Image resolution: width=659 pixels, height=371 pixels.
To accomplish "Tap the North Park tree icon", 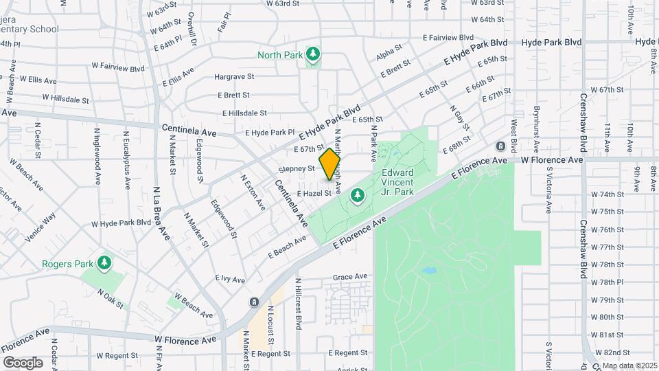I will click(x=313, y=54).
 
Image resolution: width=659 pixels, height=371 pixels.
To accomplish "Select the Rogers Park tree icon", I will click(x=104, y=263).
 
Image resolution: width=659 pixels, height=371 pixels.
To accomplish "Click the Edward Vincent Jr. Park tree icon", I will click(x=357, y=196).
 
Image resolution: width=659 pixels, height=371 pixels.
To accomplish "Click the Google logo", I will click(x=23, y=362).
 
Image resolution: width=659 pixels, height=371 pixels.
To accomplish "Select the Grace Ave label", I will click(x=350, y=277).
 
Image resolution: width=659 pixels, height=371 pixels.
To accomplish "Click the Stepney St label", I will click(x=297, y=168).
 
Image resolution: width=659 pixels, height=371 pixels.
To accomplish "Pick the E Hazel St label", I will click(x=314, y=194).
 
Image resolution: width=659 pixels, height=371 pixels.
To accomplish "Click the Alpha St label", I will click(x=389, y=52).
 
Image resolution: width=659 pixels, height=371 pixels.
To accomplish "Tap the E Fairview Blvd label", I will click(x=448, y=37).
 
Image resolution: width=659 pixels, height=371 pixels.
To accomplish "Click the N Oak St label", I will click(x=110, y=295).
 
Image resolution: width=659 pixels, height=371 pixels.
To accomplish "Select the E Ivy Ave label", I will click(x=225, y=278).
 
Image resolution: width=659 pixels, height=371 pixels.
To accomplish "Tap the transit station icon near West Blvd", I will click(x=500, y=146).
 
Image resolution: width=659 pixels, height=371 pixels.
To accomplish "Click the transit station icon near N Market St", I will click(x=254, y=302).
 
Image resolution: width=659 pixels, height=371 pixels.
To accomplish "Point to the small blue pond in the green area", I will click(x=429, y=271).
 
